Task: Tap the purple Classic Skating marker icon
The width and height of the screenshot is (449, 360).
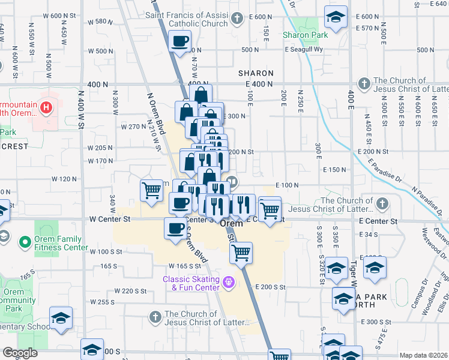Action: (x=228, y=281)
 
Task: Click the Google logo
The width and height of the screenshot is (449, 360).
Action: (x=20, y=353)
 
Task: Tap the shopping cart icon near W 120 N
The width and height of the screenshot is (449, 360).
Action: (x=152, y=190)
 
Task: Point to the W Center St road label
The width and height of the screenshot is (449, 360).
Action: (x=109, y=220)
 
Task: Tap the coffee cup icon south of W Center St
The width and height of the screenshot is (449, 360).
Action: (x=175, y=229)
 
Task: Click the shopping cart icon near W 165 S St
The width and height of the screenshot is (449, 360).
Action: (x=241, y=253)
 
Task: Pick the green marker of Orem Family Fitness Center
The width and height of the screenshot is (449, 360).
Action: (x=25, y=242)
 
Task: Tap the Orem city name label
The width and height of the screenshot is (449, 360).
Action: (x=232, y=223)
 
